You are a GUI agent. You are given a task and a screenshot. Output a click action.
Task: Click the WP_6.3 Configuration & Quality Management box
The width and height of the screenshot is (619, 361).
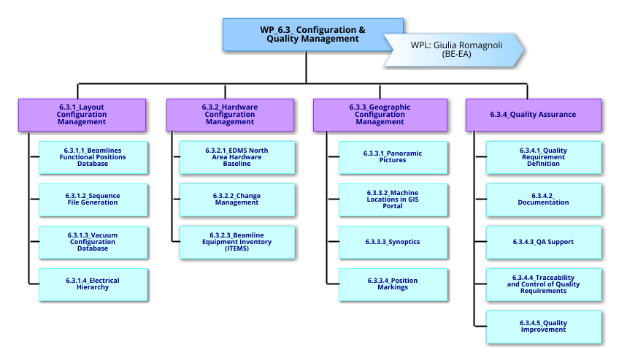(314, 34)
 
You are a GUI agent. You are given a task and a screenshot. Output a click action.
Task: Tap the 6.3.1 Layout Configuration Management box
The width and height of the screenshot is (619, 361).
(82, 115)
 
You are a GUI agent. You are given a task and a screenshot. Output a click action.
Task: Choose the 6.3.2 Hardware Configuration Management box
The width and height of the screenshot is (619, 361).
(230, 115)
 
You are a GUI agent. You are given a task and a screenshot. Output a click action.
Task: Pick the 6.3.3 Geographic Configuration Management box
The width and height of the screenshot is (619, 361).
(380, 115)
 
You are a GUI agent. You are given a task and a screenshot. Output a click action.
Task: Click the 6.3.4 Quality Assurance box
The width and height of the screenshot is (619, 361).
(533, 115)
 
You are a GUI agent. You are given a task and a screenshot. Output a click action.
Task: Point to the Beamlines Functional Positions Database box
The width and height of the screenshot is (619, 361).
(93, 157)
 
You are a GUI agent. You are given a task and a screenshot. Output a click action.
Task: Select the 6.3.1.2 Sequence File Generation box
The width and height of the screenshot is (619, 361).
(93, 199)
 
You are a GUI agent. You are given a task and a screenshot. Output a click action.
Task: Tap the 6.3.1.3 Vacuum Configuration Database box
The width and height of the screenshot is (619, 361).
(93, 242)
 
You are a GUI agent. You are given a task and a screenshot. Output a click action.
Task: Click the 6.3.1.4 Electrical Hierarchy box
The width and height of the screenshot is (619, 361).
(93, 284)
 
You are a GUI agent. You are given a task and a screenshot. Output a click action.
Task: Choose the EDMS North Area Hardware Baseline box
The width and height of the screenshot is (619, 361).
(237, 157)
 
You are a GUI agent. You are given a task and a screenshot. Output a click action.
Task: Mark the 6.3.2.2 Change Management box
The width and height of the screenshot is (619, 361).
(237, 199)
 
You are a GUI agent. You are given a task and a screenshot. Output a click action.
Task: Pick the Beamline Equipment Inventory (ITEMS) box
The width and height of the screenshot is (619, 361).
(237, 242)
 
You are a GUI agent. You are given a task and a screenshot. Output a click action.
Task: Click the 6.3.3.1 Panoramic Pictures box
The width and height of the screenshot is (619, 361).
(393, 157)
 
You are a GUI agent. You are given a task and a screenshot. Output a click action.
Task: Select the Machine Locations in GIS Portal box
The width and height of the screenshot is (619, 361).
(393, 199)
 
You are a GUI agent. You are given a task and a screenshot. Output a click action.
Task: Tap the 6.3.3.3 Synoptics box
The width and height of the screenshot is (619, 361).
(393, 242)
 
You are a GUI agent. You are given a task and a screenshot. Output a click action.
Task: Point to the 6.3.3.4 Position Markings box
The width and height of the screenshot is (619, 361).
(393, 284)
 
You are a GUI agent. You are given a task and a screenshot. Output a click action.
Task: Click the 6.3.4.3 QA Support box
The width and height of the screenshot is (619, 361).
(544, 242)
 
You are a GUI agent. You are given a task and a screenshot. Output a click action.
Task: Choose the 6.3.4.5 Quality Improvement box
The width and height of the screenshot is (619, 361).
(544, 327)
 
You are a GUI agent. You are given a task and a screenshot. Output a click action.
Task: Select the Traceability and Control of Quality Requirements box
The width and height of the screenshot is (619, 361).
(544, 284)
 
